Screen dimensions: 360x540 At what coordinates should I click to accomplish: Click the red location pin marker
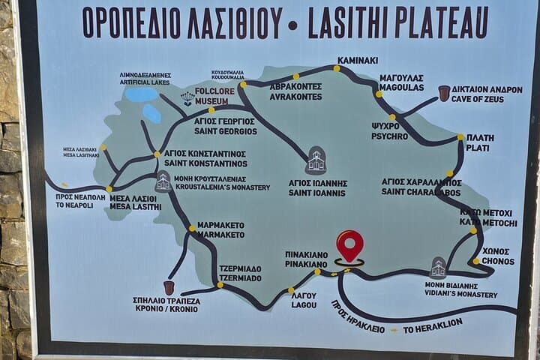pos(349,244)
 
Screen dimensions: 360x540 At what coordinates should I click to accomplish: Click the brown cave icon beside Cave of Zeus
pos(444,93)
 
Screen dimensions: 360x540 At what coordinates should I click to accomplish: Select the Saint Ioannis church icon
pos(316,160)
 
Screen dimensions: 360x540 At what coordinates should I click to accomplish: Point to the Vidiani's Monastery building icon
pos(438,268)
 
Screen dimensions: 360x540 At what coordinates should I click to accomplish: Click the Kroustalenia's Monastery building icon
pos(163,181)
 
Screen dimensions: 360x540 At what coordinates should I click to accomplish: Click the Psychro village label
pos(390,131)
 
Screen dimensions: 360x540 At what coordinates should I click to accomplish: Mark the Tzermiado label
pos(240,273)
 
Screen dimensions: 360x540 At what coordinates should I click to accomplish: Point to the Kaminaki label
pos(358,60)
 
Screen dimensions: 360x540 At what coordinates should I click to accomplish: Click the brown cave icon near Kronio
pos(169,287)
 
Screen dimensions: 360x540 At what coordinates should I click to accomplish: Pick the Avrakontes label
pos(296,91)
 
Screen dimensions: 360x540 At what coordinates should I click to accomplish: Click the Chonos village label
pos(498,256)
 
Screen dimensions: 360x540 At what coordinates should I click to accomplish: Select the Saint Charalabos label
pos(421,187)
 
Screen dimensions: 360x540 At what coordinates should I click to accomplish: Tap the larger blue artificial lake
pos(140,95)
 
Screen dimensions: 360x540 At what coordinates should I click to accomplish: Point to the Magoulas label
pos(402,82)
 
